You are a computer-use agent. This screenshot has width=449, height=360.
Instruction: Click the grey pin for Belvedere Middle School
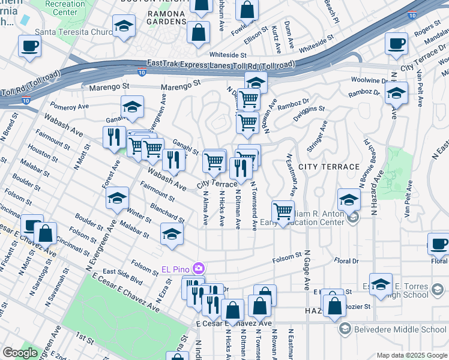(345, 329)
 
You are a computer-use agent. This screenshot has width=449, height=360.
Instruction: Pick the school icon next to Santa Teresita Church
(124, 26)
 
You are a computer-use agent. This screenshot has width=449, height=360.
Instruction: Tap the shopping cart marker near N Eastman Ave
(283, 211)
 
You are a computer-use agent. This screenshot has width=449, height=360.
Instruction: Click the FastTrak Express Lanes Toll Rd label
(221, 64)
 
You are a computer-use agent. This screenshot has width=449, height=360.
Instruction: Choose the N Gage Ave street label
(306, 270)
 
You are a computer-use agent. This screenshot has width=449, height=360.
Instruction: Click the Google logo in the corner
(20, 352)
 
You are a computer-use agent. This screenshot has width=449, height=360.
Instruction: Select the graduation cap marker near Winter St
(118, 198)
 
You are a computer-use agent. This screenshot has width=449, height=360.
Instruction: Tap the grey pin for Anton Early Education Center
(353, 217)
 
